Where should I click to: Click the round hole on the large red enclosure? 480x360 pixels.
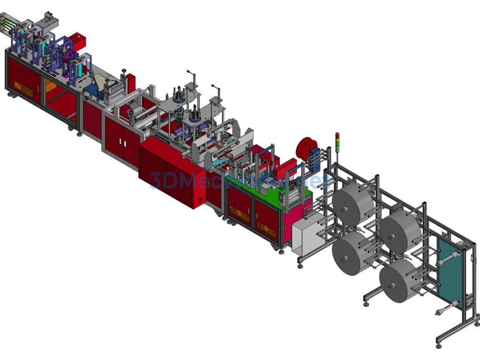(x=202, y=200)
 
